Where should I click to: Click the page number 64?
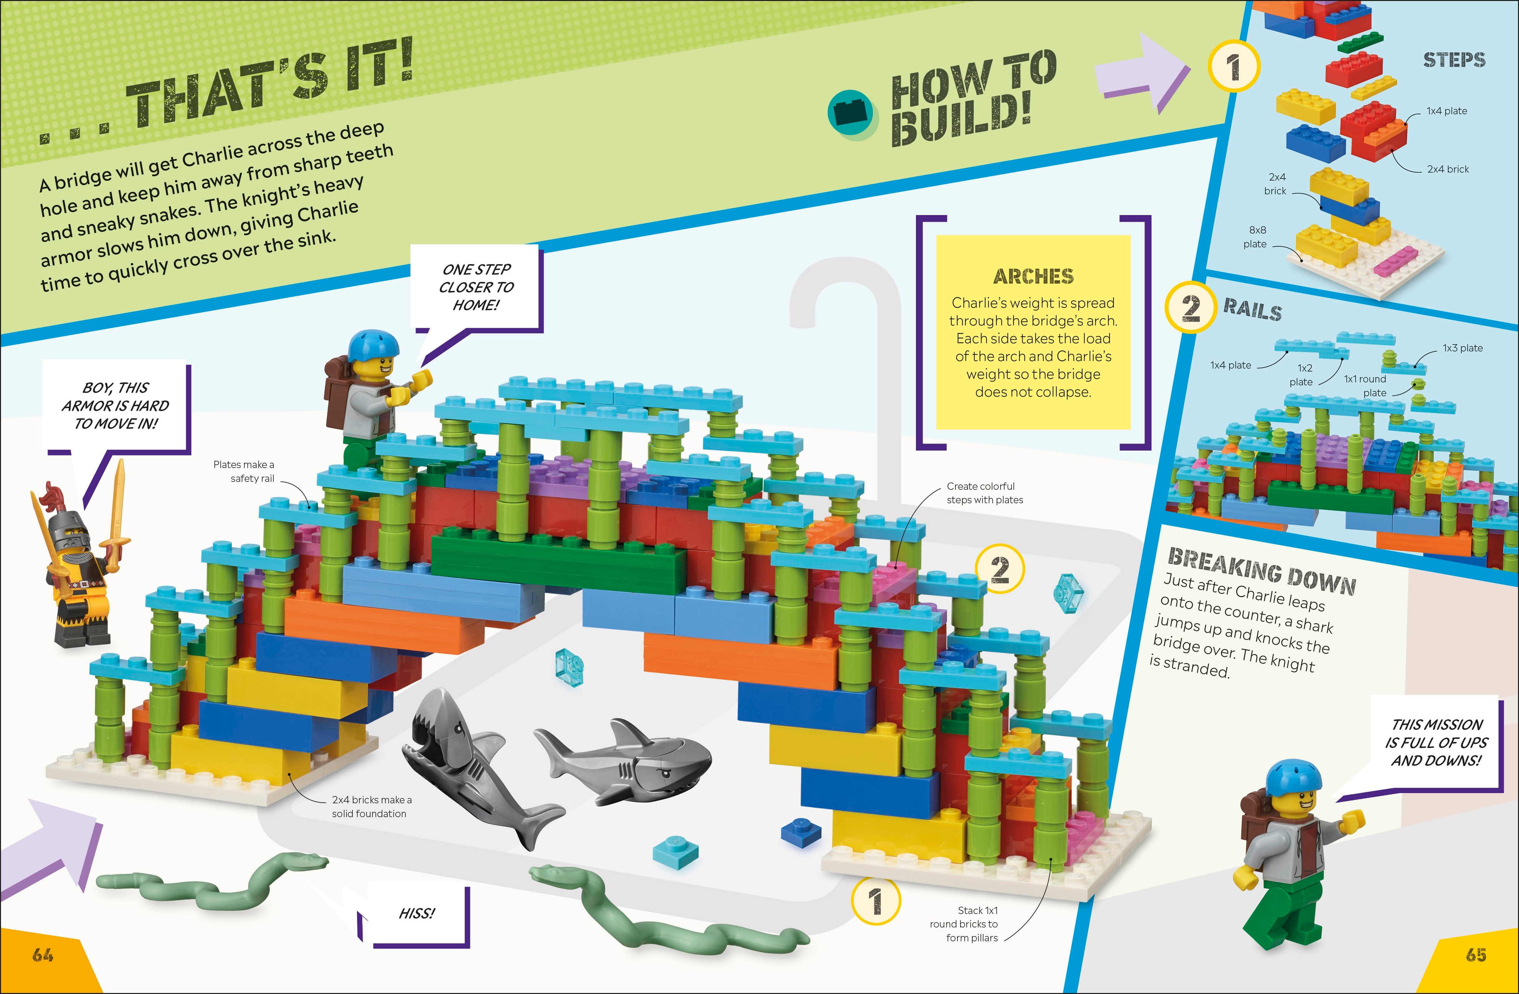pos(43,955)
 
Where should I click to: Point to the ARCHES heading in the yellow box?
pos(1033,276)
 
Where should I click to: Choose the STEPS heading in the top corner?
pos(1454,60)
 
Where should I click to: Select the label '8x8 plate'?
pos(1256,237)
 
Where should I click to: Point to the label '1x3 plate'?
pos(1463,348)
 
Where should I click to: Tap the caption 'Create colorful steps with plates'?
pos(984,493)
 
